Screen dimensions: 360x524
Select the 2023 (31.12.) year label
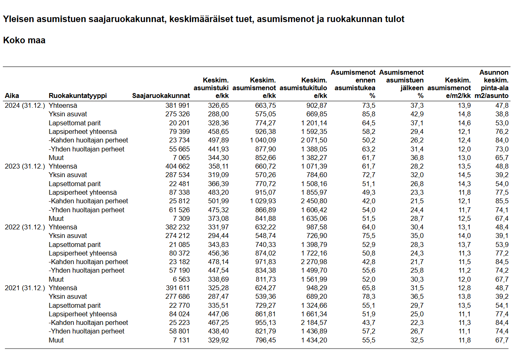point(24,166)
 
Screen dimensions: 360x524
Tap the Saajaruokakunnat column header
point(161,96)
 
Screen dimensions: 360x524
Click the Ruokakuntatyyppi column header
point(78,96)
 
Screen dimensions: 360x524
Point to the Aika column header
point(12,96)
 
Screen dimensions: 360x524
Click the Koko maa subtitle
point(24,40)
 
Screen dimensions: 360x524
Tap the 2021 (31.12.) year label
point(24,288)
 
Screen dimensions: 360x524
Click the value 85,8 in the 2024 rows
point(369,114)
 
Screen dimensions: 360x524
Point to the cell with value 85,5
point(502,201)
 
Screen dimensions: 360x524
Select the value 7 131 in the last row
point(181,340)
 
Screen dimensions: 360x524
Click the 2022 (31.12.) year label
point(24,227)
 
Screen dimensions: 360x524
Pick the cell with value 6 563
point(181,279)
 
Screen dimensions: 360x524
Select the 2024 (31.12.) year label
point(24,105)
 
